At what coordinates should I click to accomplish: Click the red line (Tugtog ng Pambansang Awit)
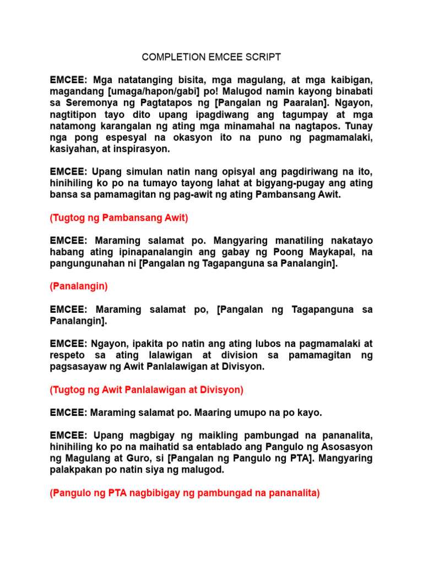(119, 218)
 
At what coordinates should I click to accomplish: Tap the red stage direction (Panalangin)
(79, 286)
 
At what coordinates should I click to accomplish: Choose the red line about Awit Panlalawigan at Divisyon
(147, 389)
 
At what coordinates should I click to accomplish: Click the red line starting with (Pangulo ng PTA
(185, 493)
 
